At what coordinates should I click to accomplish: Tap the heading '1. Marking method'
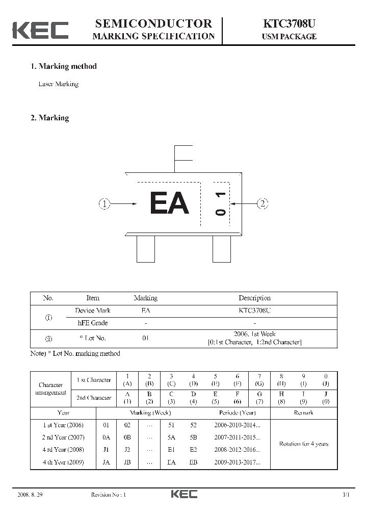coord(64,66)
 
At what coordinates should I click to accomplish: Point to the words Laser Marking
coord(59,84)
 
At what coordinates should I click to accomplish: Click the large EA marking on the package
coord(169,203)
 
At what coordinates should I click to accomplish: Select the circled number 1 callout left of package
coord(104,204)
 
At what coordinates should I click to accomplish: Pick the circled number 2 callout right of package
coord(263,204)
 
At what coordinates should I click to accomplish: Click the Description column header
coord(254,298)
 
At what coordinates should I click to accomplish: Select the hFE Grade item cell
coord(92,323)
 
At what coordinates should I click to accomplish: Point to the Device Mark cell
coord(92,311)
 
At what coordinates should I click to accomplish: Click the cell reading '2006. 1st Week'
coord(254,334)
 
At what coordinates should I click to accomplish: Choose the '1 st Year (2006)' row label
coord(63,425)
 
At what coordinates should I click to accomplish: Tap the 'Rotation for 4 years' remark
coord(303,444)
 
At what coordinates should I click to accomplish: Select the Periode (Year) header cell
coord(238,412)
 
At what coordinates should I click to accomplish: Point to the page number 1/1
coord(346,495)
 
